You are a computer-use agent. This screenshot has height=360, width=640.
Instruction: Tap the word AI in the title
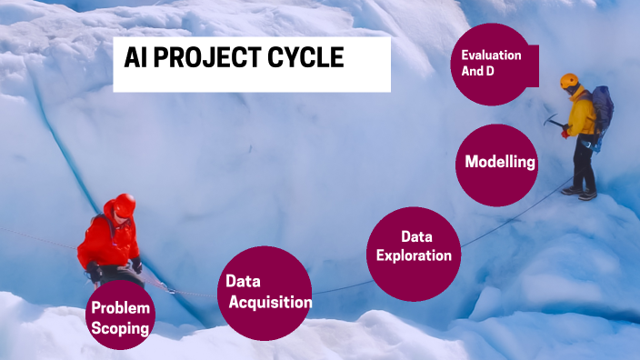click(135, 59)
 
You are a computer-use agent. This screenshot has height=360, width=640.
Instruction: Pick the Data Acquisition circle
click(265, 292)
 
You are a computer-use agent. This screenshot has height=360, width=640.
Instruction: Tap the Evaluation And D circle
click(489, 64)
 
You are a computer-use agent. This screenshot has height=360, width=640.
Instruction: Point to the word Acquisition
click(270, 303)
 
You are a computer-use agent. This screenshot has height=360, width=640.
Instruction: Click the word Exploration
click(414, 255)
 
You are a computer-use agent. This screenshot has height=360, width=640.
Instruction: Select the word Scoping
click(121, 329)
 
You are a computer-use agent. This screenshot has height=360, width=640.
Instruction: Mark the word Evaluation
click(491, 55)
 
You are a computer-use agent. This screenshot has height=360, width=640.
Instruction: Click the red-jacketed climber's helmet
click(125, 203)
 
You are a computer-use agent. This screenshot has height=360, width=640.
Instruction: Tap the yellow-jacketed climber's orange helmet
click(570, 81)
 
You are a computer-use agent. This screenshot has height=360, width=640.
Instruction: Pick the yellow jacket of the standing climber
click(582, 114)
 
